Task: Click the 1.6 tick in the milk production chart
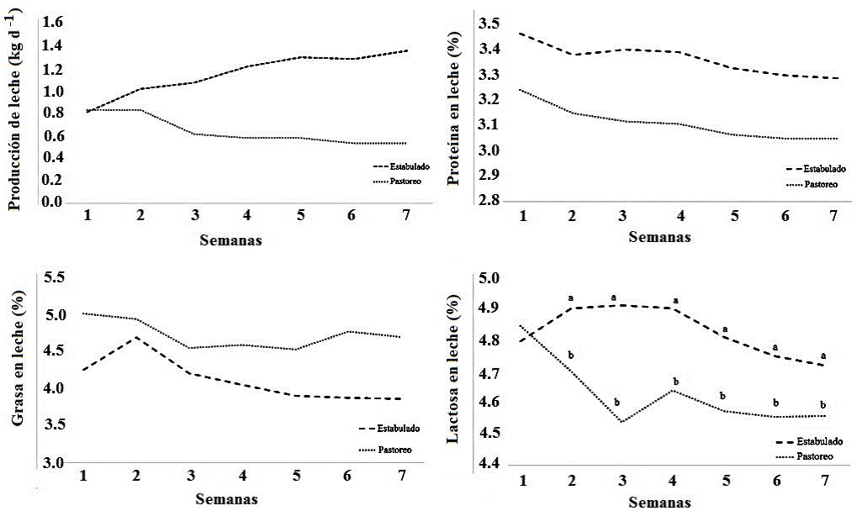click(51, 22)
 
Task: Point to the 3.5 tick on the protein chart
click(489, 22)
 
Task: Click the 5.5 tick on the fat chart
click(52, 278)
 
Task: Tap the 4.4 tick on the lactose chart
click(489, 465)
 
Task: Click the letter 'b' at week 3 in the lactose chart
click(616, 403)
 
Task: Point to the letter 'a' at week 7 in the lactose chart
click(823, 355)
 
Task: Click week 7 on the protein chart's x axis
click(833, 216)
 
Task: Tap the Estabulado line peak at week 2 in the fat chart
click(136, 337)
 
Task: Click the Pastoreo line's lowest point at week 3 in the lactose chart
click(621, 421)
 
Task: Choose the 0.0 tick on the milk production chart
click(51, 203)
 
